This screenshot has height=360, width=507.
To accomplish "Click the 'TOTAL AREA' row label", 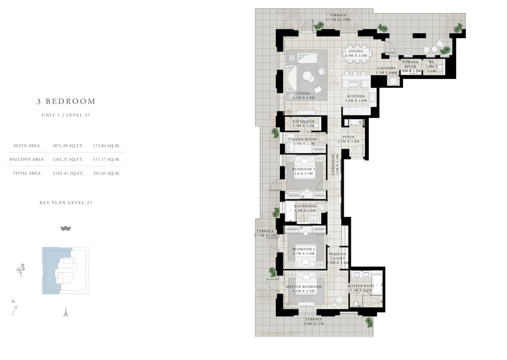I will (27, 173).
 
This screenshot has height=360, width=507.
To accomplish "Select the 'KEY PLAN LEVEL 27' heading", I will (66, 203).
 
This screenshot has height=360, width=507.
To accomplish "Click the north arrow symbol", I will (14, 309).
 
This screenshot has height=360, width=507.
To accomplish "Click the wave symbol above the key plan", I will (66, 228).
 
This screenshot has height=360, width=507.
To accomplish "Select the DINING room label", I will (356, 51).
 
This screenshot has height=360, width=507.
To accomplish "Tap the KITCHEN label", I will (357, 96).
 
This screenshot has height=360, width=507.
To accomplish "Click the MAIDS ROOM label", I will (304, 139).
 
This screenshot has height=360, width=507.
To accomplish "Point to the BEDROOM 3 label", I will (304, 169).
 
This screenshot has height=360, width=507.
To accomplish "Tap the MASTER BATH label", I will (361, 286).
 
